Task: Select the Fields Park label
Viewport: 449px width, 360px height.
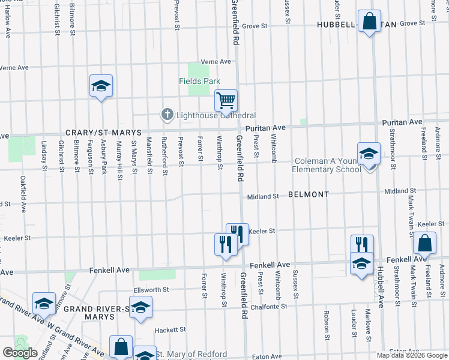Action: pyautogui.click(x=199, y=81)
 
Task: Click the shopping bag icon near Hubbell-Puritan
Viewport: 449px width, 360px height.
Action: pyautogui.click(x=369, y=21)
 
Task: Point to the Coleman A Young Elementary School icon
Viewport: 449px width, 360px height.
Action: pyautogui.click(x=369, y=153)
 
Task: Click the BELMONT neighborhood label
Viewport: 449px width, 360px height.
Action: pyautogui.click(x=309, y=195)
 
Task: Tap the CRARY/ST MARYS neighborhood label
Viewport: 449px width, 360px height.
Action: pyautogui.click(x=103, y=133)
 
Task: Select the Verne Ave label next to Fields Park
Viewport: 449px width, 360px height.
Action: pyautogui.click(x=216, y=62)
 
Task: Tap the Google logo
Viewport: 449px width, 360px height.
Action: pyautogui.click(x=20, y=352)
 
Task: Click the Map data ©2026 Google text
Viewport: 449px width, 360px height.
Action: pyautogui.click(x=412, y=355)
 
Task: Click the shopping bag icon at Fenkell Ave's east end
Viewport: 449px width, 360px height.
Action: pyautogui.click(x=424, y=243)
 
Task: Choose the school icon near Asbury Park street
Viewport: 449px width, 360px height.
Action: pyautogui.click(x=101, y=86)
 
